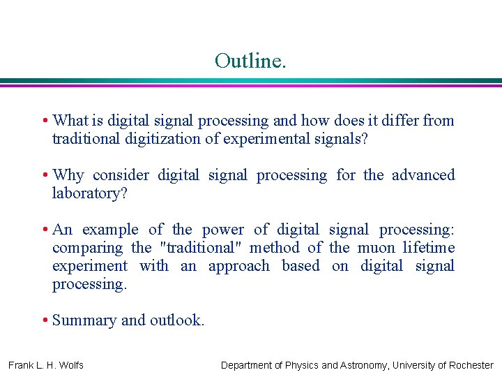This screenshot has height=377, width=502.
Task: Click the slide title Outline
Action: click(250, 61)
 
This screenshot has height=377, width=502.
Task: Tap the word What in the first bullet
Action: click(70, 121)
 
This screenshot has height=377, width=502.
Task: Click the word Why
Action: click(68, 175)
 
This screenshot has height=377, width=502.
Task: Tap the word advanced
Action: click(423, 175)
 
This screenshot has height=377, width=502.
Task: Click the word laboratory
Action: click(89, 193)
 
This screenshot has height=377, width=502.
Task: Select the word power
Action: click(223, 230)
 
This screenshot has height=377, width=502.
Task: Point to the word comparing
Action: click(86, 248)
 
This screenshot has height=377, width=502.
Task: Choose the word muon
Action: click(375, 248)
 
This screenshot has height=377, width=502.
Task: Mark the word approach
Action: click(239, 266)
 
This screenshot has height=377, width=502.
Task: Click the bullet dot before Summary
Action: click(45, 320)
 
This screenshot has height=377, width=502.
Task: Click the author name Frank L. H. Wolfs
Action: click(46, 365)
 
